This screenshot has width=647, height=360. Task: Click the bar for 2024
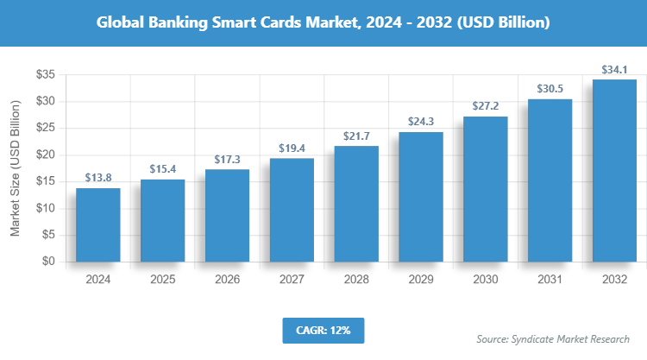97,224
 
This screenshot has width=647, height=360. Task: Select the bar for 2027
292,210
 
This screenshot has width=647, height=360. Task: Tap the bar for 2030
485,188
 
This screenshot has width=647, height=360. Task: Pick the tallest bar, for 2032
614,170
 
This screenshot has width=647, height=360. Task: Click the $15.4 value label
162,169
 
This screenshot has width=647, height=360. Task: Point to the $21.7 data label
356,136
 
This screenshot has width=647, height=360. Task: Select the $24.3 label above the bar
421,122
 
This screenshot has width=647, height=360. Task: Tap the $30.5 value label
550,89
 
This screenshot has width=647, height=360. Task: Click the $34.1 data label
614,69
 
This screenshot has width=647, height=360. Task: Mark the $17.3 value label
227,160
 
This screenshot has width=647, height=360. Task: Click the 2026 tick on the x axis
227,280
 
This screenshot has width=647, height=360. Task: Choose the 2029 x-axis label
421,280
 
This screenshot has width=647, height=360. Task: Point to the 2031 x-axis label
550,280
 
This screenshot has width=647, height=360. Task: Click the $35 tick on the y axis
46,75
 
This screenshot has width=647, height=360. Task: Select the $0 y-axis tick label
49,262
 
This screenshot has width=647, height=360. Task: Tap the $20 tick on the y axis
46,155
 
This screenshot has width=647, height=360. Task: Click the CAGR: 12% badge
323,330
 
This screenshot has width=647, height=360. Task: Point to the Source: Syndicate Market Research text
553,339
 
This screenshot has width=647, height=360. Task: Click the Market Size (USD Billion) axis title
15,168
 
